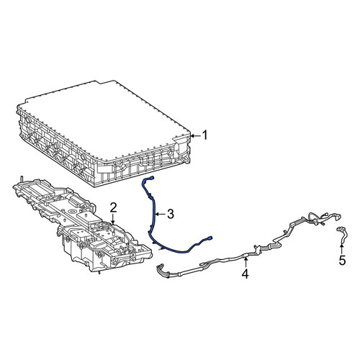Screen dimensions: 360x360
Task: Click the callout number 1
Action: click(204, 135)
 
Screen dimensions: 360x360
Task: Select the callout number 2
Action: click(113, 207)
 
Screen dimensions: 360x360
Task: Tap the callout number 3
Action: click(170, 214)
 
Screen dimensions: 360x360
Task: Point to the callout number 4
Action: click(245, 274)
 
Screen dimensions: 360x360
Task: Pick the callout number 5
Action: click(342, 260)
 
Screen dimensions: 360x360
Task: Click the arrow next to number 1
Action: click(195, 136)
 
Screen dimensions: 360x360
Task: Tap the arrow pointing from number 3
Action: click(160, 214)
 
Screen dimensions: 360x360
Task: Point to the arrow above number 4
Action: click(246, 261)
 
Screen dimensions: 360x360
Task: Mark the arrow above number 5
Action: click(341, 248)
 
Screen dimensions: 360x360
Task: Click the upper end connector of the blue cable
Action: click(151, 178)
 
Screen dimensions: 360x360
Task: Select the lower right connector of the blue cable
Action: click(210, 238)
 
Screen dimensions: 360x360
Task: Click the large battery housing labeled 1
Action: click(103, 135)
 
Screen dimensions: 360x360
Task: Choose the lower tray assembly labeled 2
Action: click(81, 225)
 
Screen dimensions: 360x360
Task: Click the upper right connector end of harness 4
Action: click(338, 217)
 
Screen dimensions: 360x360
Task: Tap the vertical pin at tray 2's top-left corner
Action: click(22, 179)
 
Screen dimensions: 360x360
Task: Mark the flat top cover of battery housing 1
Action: click(106, 120)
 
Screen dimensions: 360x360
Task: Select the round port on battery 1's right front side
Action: click(170, 153)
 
